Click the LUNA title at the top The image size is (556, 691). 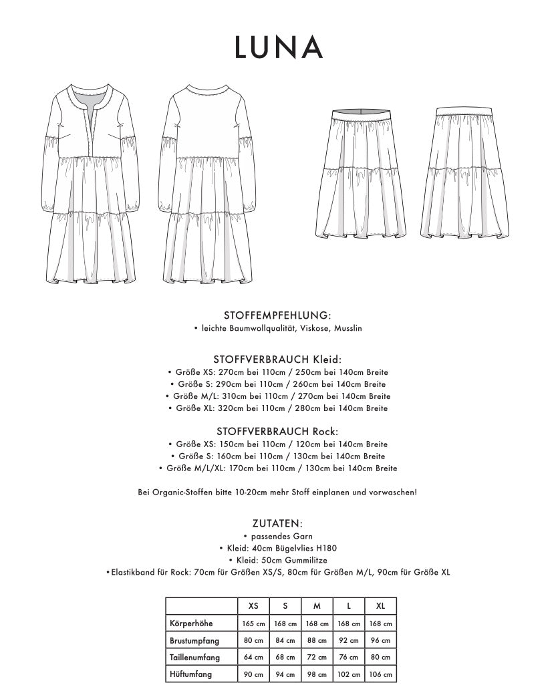(278, 47)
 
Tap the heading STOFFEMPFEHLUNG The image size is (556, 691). (278, 315)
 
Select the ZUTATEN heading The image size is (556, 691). (278, 524)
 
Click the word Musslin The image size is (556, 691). (348, 328)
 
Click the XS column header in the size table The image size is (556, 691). (253, 606)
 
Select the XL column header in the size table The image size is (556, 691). (380, 606)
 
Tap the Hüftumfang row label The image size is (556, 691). (189, 674)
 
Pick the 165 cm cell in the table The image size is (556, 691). (253, 624)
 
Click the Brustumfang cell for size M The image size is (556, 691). (317, 640)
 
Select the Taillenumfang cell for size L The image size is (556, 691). (349, 657)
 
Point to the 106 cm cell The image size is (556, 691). (380, 674)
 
